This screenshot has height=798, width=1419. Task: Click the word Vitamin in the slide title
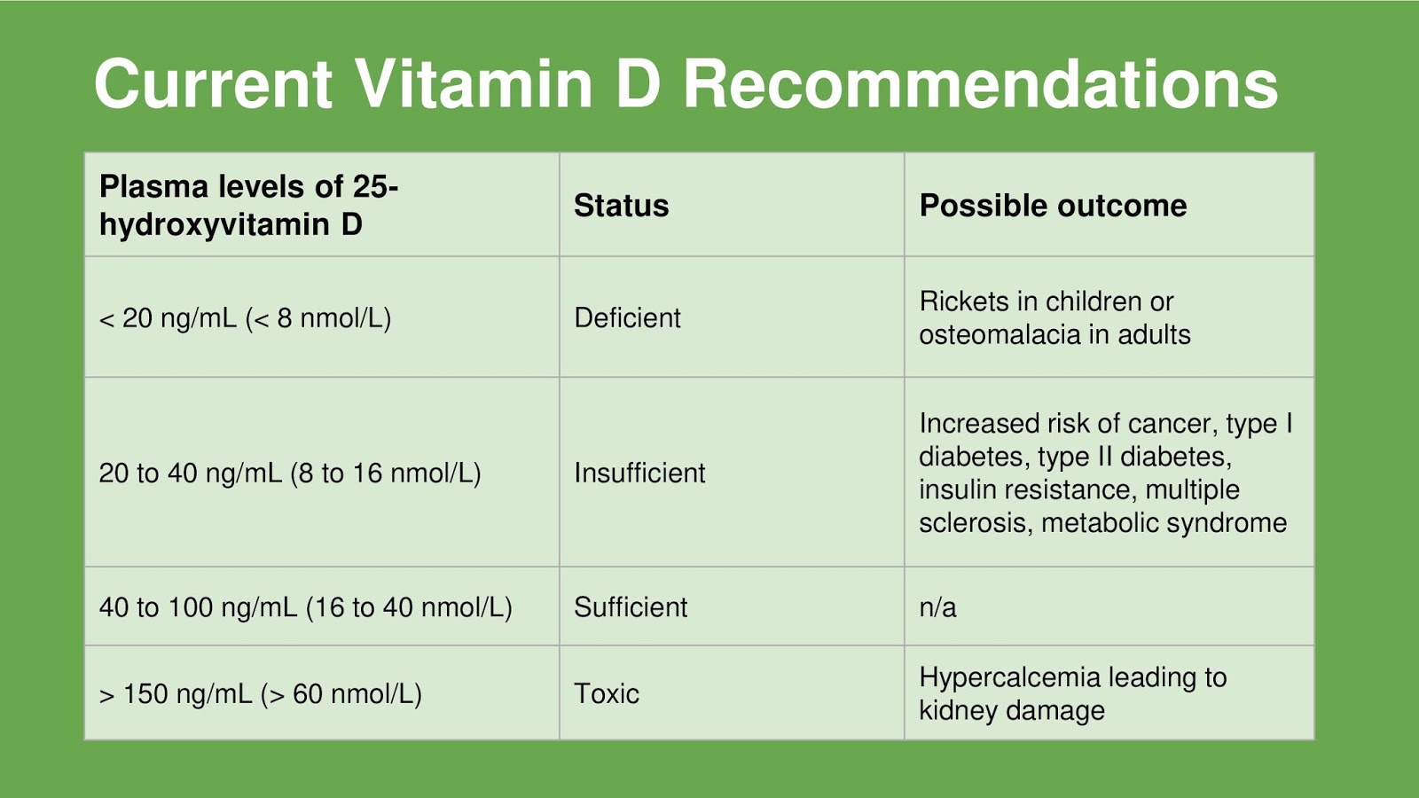click(x=474, y=84)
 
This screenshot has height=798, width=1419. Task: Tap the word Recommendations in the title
click(x=981, y=84)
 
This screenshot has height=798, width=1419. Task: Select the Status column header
click(x=621, y=205)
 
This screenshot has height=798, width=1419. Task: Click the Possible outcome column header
click(x=1053, y=205)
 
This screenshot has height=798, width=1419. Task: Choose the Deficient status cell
click(x=627, y=317)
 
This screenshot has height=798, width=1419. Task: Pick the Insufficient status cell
click(x=639, y=473)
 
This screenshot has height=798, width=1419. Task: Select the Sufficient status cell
click(x=631, y=606)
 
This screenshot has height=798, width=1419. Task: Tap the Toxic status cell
click(x=607, y=693)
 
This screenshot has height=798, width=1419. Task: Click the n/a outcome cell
click(x=937, y=606)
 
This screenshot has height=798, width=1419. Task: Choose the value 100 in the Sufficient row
click(x=190, y=606)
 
